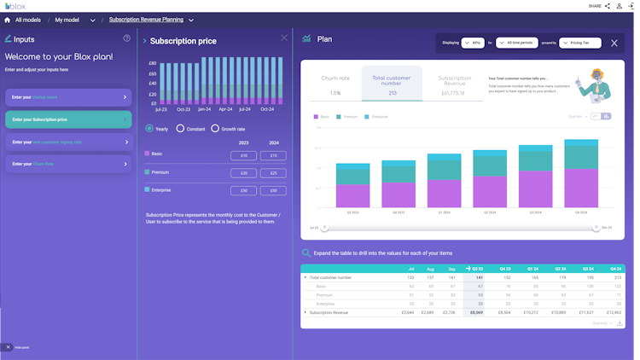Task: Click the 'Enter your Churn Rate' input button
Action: pyautogui.click(x=68, y=164)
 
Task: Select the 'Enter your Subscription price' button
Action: pyautogui.click(x=68, y=119)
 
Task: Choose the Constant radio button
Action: pyautogui.click(x=181, y=129)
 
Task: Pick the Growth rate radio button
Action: pyautogui.click(x=215, y=129)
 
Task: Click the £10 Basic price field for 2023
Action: pyautogui.click(x=243, y=156)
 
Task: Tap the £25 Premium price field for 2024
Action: pyautogui.click(x=273, y=173)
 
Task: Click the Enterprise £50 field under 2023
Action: pyautogui.click(x=243, y=190)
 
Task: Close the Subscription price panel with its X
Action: pyautogui.click(x=284, y=38)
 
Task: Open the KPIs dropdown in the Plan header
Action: pyautogui.click(x=472, y=43)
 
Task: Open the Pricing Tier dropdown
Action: pyautogui.click(x=580, y=43)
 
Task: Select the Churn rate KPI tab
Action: pyautogui.click(x=335, y=85)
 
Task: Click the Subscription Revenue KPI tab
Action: pyautogui.click(x=454, y=85)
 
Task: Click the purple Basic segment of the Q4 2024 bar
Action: pyautogui.click(x=581, y=189)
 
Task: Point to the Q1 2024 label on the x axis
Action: pyautogui.click(x=444, y=212)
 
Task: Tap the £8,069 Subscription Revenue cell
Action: pyautogui.click(x=477, y=313)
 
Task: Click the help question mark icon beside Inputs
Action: pyautogui.click(x=127, y=38)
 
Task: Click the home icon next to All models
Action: pyautogui.click(x=8, y=20)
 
